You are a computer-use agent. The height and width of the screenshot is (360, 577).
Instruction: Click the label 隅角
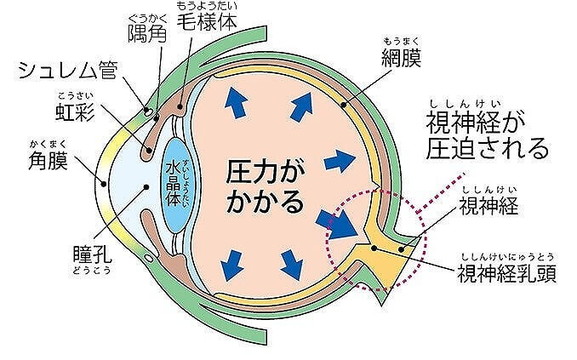(x=147, y=33)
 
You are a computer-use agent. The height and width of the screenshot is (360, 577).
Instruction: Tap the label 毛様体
(x=207, y=22)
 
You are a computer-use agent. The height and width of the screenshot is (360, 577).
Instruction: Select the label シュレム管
(x=68, y=70)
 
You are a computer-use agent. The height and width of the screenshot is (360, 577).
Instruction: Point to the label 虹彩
(x=75, y=111)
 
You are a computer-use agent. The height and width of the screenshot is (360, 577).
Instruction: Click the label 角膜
(x=49, y=161)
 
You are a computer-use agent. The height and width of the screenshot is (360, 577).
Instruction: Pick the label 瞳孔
(x=93, y=254)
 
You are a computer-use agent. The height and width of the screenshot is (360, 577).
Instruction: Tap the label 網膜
(x=401, y=57)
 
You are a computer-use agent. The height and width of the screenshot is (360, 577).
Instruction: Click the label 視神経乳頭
(x=506, y=273)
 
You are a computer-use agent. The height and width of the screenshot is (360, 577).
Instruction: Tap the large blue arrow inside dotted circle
(x=337, y=225)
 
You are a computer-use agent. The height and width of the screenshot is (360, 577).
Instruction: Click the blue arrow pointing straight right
(x=340, y=161)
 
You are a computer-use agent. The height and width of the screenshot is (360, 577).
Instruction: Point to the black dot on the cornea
(x=104, y=183)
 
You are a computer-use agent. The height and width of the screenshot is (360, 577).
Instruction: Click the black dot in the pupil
(x=146, y=187)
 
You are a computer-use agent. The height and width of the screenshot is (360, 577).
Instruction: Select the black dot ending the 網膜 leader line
(x=343, y=105)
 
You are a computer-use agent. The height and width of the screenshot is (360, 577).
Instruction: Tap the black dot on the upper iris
(x=149, y=150)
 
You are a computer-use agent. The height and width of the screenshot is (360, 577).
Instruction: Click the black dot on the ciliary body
(x=180, y=106)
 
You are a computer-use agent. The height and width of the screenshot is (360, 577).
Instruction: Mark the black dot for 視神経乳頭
(x=374, y=249)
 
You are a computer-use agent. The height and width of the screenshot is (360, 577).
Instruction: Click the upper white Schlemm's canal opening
(x=147, y=111)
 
